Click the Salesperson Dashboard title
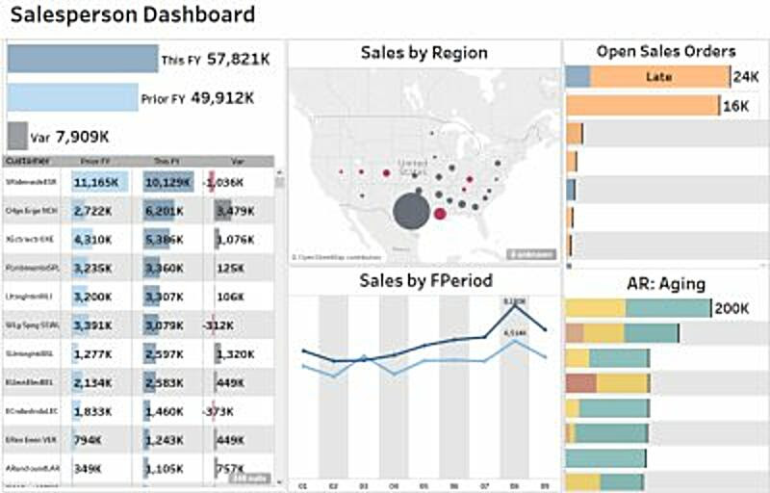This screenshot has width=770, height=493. tap(133, 14)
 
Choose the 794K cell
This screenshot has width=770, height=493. tap(89, 440)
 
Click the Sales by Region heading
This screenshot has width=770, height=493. tap(423, 53)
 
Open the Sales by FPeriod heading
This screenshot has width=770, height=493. tap(424, 280)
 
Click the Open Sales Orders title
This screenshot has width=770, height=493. tap(665, 51)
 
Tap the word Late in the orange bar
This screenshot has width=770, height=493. tap(659, 77)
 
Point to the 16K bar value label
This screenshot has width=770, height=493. tap(735, 106)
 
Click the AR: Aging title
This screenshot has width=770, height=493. tap(663, 283)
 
